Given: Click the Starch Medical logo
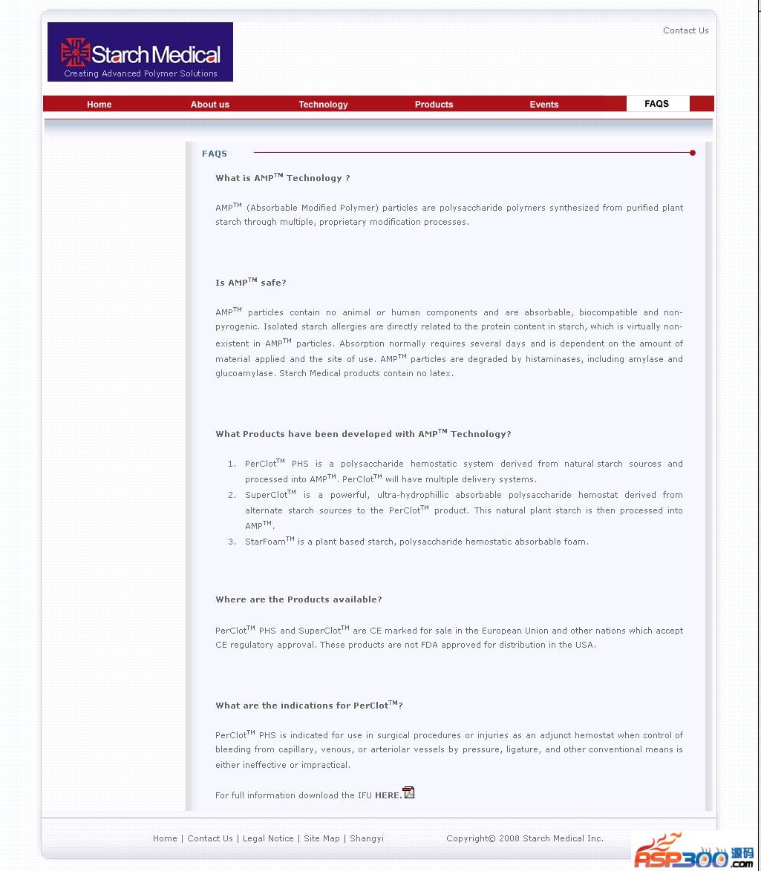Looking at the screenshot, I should (x=140, y=52).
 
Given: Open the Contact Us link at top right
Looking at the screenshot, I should (x=685, y=30).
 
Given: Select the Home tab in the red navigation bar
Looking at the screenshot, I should (x=99, y=105).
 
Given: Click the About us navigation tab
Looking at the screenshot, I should (x=209, y=105).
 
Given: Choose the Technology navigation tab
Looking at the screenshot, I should (x=323, y=105).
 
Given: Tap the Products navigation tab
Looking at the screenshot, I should (x=434, y=105).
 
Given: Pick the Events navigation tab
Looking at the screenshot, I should (x=543, y=105).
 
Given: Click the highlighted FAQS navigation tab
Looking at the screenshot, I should (x=656, y=104).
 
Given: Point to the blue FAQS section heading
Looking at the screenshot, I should (x=215, y=154).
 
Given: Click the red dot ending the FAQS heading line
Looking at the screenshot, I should (x=693, y=153).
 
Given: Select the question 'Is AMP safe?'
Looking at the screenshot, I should (x=250, y=283).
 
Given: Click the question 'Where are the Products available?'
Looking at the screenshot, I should (x=298, y=599).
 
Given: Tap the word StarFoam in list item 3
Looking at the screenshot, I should (x=266, y=542).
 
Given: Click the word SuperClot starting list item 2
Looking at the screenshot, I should (x=267, y=495).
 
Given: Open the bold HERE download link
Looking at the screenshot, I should (x=388, y=795).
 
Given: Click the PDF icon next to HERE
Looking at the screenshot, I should (x=408, y=792).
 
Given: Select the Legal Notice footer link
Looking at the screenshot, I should (x=268, y=838).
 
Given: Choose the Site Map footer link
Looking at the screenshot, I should (x=321, y=838).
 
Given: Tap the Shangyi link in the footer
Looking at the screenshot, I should (x=367, y=838).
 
